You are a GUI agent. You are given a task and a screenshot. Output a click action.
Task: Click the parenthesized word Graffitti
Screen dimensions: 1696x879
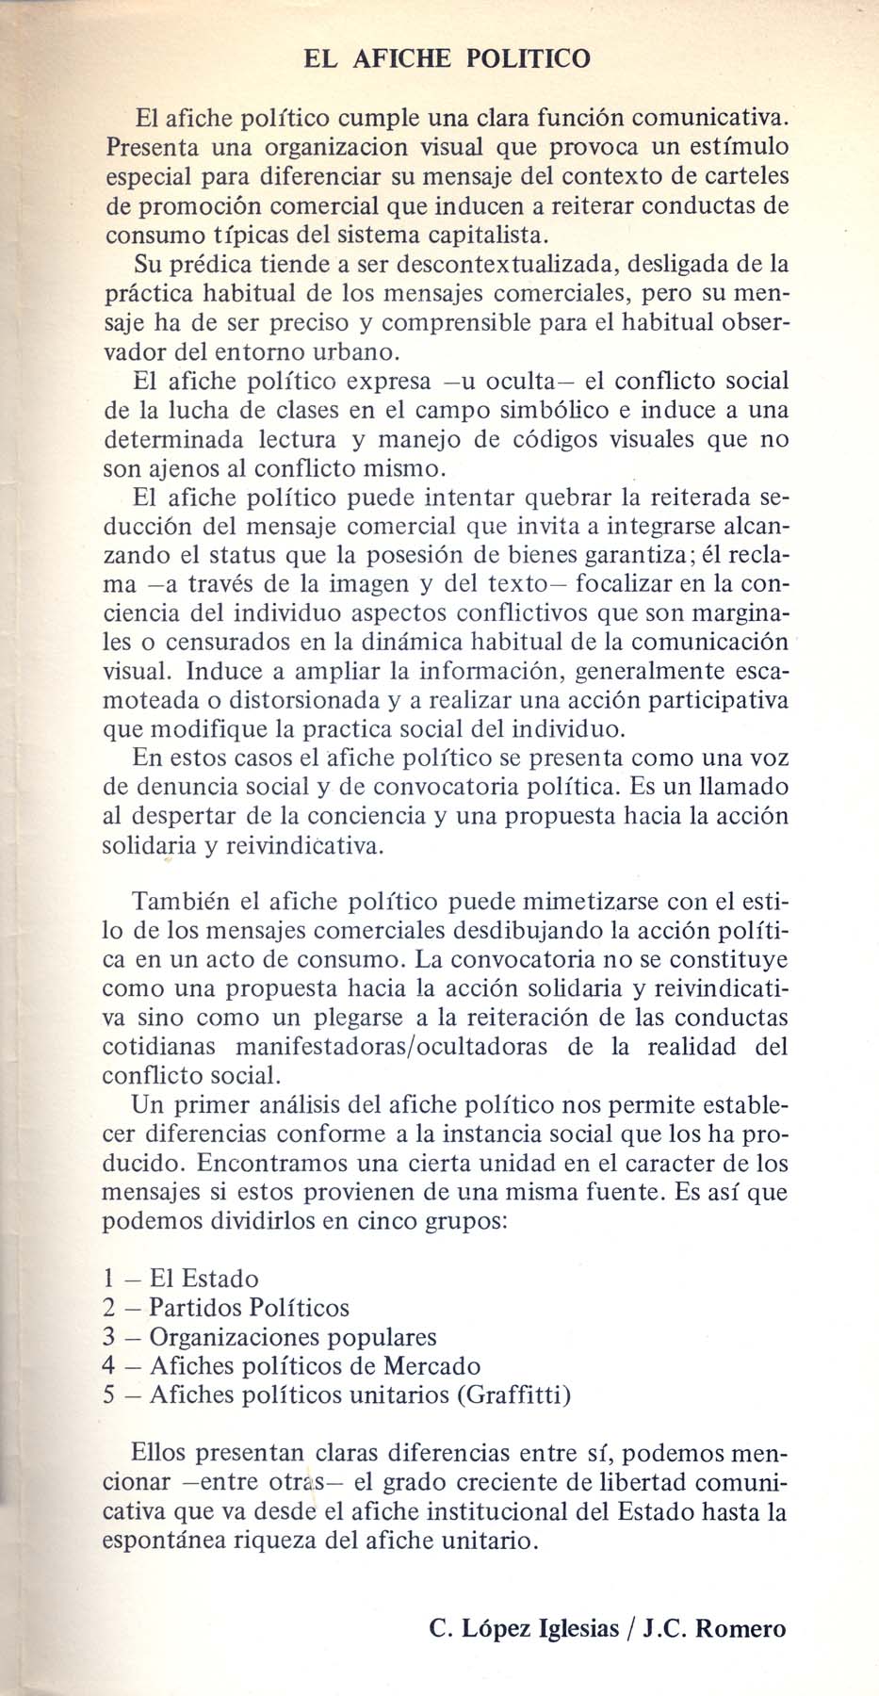click(513, 1395)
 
